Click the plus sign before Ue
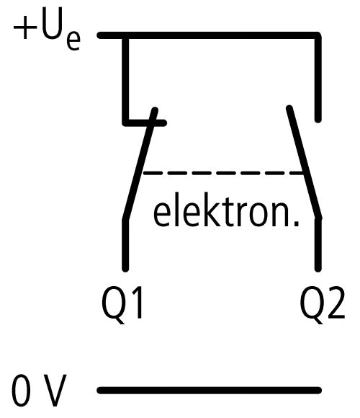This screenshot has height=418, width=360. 25,27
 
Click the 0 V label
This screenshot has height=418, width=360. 39,391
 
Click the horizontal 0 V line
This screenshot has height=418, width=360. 210,391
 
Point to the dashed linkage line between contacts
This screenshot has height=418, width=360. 223,173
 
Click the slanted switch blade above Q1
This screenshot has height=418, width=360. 140,164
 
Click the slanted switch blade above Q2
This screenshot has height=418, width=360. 304,163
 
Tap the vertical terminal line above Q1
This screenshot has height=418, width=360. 125,245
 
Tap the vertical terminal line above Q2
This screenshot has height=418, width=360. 318,245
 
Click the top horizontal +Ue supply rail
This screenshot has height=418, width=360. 210,35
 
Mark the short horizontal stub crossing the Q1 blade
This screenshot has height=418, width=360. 145,123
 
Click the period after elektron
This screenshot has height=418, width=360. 296,224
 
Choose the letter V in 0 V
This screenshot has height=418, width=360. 53,391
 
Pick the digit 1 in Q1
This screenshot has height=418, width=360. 137,303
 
